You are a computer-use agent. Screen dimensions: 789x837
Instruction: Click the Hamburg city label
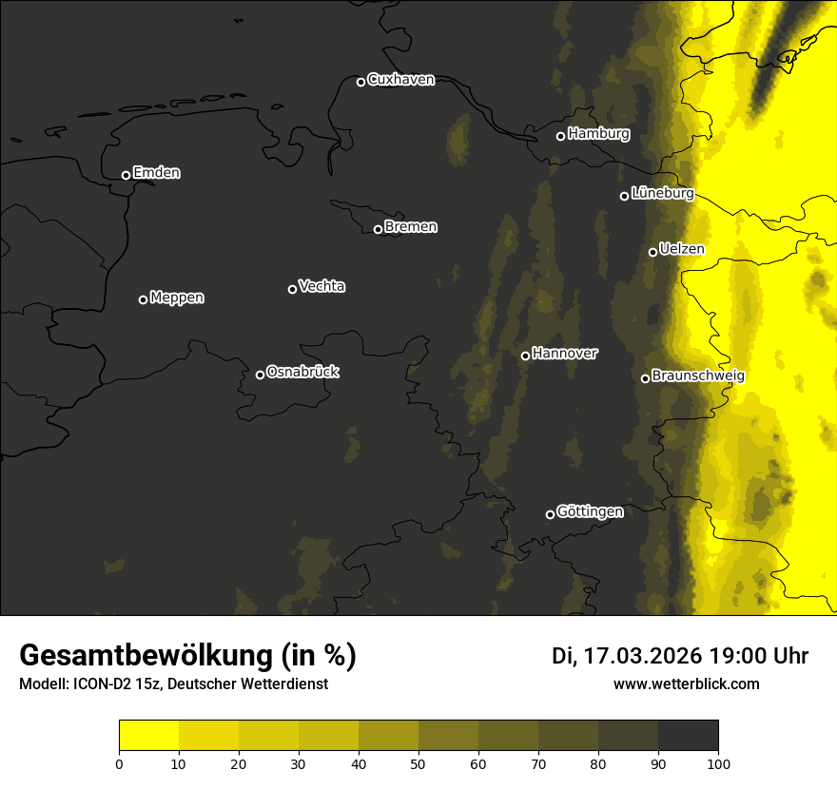pos(598,134)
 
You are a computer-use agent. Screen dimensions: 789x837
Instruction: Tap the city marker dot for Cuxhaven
pos(360,82)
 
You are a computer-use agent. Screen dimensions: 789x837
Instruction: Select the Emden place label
pos(156,173)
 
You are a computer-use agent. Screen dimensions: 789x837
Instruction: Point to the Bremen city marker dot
pos(378,229)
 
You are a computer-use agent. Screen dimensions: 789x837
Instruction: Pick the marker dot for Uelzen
pos(652,252)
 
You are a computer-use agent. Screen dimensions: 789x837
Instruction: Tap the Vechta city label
pos(321,286)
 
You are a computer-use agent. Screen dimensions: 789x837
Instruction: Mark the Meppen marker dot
pos(143,299)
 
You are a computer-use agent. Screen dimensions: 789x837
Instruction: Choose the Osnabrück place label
pos(302,372)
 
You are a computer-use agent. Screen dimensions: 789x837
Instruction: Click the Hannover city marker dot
pos(525,356)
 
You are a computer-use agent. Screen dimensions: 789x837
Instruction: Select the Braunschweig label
pos(698,375)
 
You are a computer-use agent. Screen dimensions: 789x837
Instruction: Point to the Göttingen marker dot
pos(550,514)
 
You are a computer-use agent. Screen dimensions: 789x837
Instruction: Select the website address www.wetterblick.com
pos(686,683)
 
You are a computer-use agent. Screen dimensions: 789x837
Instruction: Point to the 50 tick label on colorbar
pos(418,762)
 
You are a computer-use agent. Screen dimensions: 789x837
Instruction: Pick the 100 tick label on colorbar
pos(718,762)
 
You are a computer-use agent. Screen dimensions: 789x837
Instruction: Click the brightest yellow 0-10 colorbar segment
pos(148,736)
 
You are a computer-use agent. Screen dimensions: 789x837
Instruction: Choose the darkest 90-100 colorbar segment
pos(688,736)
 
